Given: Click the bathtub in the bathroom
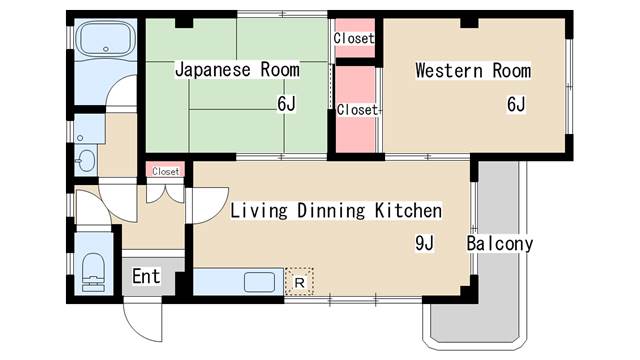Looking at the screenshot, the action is pos(106,38).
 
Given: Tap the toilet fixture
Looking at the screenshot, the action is pos(93,272).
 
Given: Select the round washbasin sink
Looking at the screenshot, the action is pos(86,160).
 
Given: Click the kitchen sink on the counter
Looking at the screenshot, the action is pos(259,282).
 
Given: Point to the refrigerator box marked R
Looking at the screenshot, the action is pos(299,282).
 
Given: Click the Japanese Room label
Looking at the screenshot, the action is pos(237,70).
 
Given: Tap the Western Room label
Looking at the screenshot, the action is pos(473,71).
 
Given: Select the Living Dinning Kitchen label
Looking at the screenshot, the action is pos(336,211).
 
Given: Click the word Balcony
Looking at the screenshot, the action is pos(500,244).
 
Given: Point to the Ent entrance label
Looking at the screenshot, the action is pos(146,276).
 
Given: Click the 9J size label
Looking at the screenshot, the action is pos(424,243).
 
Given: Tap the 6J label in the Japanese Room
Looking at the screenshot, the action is pos(286,104).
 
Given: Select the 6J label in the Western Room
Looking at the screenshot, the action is pos(516,104).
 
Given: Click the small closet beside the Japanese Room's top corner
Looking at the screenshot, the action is pos(354,38).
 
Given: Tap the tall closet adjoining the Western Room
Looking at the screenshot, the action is pos(355,109).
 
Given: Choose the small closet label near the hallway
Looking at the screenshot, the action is pos(166,171).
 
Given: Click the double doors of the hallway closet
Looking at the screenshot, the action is pos(165,193).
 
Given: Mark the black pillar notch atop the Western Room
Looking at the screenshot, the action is pos(469,23).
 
